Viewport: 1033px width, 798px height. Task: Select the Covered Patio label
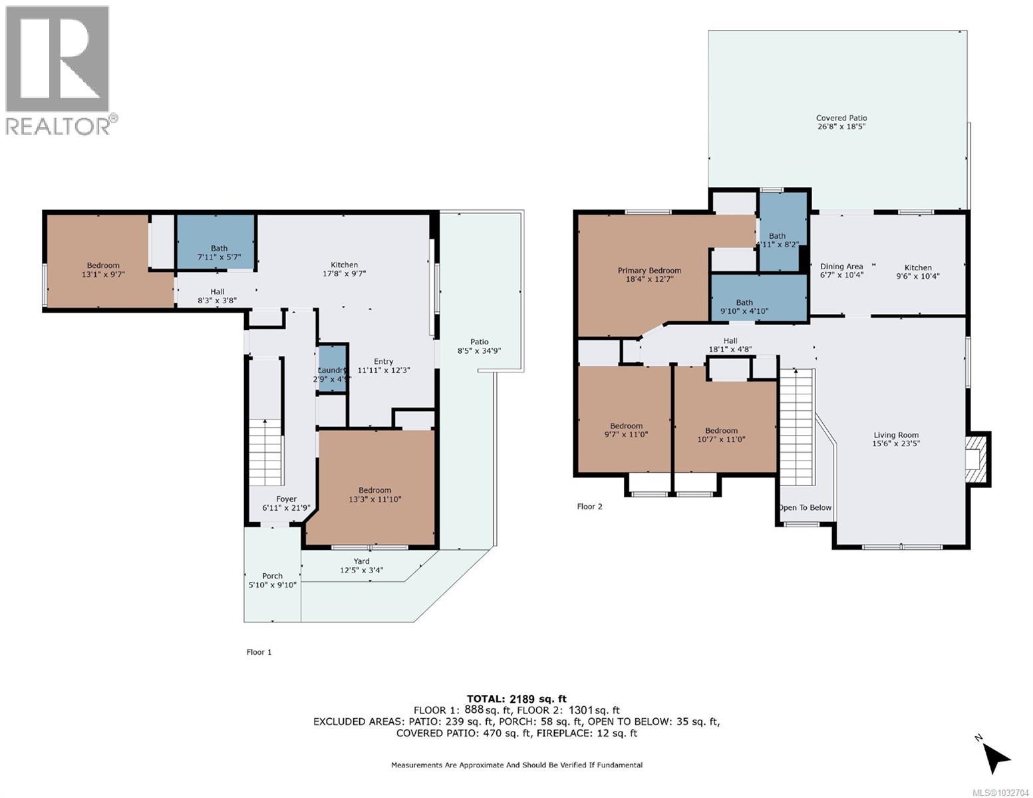(841, 118)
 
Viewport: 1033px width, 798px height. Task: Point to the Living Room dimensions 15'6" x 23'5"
(896, 444)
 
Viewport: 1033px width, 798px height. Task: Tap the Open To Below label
(805, 507)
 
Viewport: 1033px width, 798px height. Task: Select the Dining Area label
(841, 267)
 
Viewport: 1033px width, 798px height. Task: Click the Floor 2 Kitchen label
(918, 267)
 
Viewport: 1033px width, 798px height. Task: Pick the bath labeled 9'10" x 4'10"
(744, 307)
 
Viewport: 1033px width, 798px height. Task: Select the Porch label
(272, 576)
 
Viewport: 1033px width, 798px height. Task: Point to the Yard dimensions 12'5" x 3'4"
(361, 570)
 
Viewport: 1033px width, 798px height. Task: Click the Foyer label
(287, 499)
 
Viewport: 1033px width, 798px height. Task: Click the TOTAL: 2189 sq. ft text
(516, 698)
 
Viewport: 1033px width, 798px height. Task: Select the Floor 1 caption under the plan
(259, 652)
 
